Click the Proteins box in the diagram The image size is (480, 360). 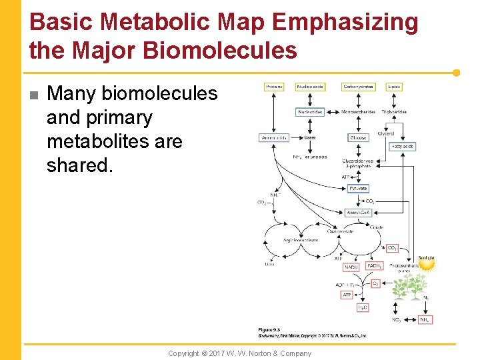[274, 87]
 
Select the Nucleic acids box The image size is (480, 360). [311, 87]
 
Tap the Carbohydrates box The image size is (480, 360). [359, 87]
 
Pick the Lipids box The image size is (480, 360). [395, 87]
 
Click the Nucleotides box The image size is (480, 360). [311, 112]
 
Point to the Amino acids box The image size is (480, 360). [273, 138]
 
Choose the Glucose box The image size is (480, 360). [359, 138]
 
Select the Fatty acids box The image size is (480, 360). [403, 146]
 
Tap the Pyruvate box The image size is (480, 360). [358, 189]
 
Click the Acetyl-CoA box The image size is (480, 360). [359, 213]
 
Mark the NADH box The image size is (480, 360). [351, 267]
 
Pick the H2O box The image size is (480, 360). [362, 307]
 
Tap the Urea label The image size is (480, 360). [269, 264]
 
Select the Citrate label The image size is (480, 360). [377, 227]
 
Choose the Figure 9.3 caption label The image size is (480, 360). [269, 330]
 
